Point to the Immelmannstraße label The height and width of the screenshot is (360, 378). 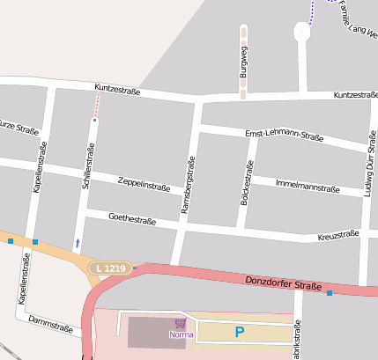(x=308, y=187)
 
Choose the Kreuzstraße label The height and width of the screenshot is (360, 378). (x=337, y=235)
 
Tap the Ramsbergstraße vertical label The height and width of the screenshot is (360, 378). (x=186, y=186)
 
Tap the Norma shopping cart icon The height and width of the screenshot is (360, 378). (x=181, y=323)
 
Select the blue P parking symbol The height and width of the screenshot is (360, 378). (x=238, y=332)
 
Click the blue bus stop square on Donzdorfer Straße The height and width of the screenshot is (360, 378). (x=330, y=292)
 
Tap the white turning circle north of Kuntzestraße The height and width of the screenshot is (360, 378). (x=301, y=32)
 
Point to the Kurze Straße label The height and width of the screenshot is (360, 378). (x=18, y=127)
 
